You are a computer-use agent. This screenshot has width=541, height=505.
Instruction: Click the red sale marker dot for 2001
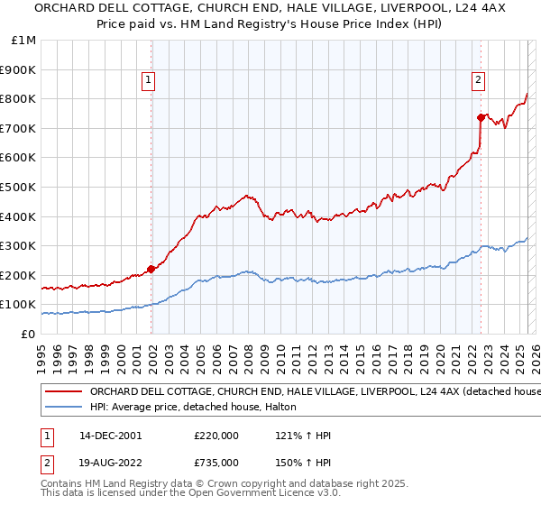151,269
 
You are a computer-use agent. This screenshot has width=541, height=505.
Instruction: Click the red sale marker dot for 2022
481,117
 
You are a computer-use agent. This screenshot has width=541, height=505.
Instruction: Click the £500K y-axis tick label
19,187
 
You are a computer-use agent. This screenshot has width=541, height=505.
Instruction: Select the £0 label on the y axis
29,334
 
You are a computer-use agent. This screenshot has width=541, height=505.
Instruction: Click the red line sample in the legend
63,392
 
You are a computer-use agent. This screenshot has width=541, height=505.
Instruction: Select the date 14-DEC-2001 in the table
110,436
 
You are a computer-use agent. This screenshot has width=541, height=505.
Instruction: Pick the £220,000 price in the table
216,436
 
